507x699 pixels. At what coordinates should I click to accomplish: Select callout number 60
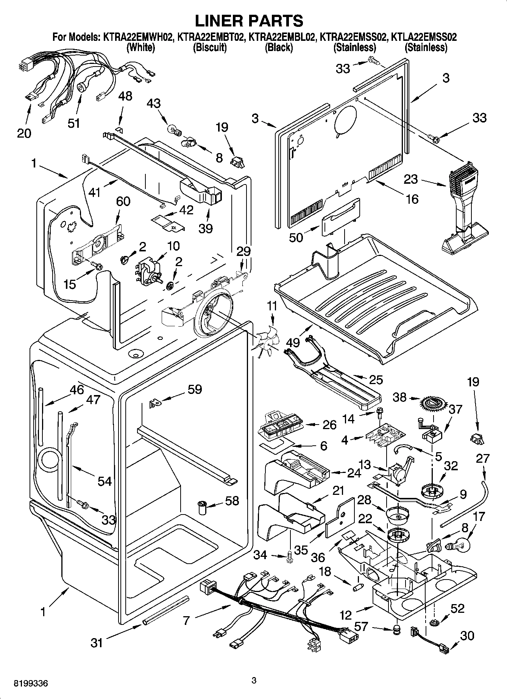pos(123,201)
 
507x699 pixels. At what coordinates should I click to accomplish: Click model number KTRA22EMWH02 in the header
pos(137,37)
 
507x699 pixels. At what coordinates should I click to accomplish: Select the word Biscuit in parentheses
pos(210,48)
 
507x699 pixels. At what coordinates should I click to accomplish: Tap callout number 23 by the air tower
pos(410,179)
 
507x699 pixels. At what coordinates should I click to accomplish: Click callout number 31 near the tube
pos(97,642)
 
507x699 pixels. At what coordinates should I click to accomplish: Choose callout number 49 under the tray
pos(293,343)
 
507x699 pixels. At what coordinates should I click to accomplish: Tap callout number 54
pos(105,481)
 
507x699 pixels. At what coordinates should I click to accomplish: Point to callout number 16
pos(412,199)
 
